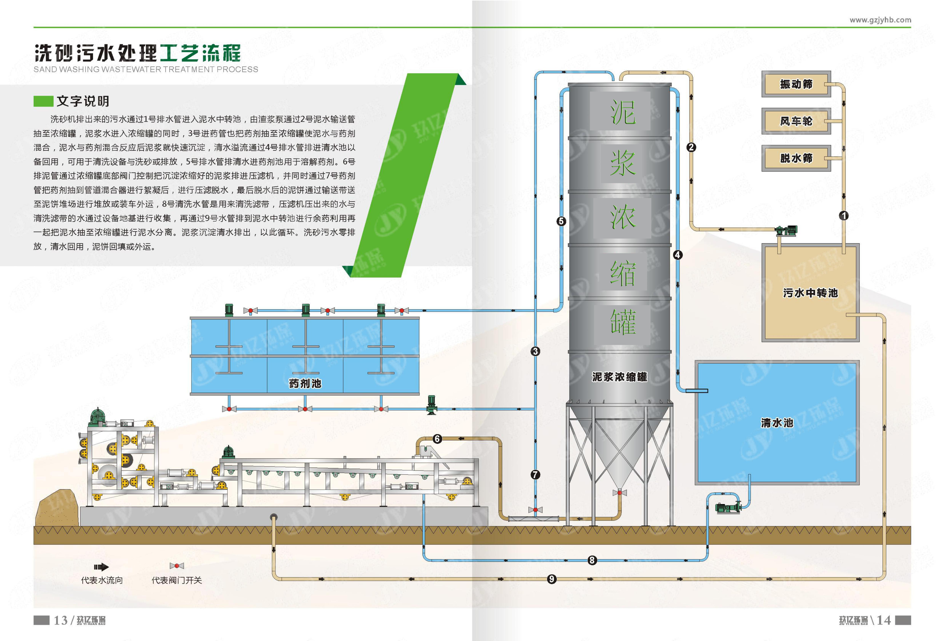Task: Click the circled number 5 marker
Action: (x=561, y=221)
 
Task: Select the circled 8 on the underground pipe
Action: (x=592, y=560)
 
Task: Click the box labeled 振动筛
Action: (x=796, y=84)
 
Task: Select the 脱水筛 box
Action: (x=796, y=158)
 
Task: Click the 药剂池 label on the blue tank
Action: (x=305, y=383)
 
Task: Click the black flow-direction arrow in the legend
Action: (x=101, y=567)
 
